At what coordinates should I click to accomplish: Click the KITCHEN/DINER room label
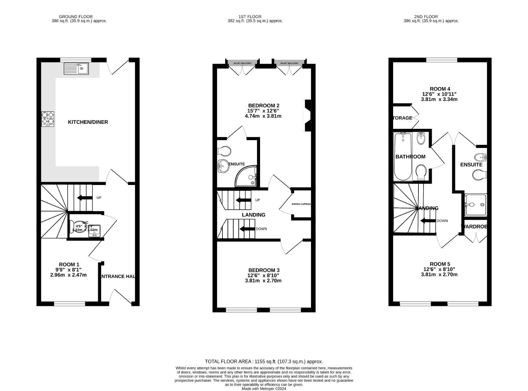coord(88,122)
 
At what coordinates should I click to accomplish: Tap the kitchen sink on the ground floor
coord(76,68)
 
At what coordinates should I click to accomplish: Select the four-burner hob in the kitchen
coord(48,119)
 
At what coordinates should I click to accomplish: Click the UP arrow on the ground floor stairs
coord(85,198)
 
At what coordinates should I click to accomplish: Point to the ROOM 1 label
coord(69,265)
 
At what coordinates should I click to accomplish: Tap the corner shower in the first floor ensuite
coord(247,176)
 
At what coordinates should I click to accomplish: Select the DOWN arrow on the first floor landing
coord(248,229)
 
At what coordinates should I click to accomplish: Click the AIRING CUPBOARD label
coord(301,204)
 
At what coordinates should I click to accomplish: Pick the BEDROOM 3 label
coord(264,270)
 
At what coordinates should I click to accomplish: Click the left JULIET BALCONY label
coord(242,63)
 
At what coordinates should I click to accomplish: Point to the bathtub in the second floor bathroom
coord(403,156)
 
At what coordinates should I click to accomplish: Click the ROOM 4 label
coord(440,89)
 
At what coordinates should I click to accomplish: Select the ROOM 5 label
coord(440,264)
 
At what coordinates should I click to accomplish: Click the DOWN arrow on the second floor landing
coord(428,221)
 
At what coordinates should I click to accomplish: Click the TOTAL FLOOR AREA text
coord(264,361)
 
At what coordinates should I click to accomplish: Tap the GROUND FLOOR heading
coord(76,17)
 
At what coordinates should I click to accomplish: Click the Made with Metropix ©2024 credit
coord(264,389)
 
